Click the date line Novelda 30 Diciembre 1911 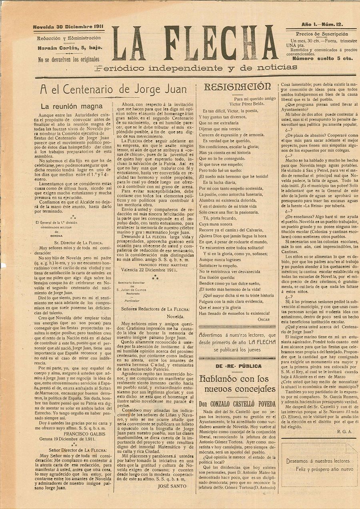pos(69,27)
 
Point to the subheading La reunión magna pos(72,106)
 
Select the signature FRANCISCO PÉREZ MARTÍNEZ pos(164,264)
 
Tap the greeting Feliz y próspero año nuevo pos(324,469)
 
